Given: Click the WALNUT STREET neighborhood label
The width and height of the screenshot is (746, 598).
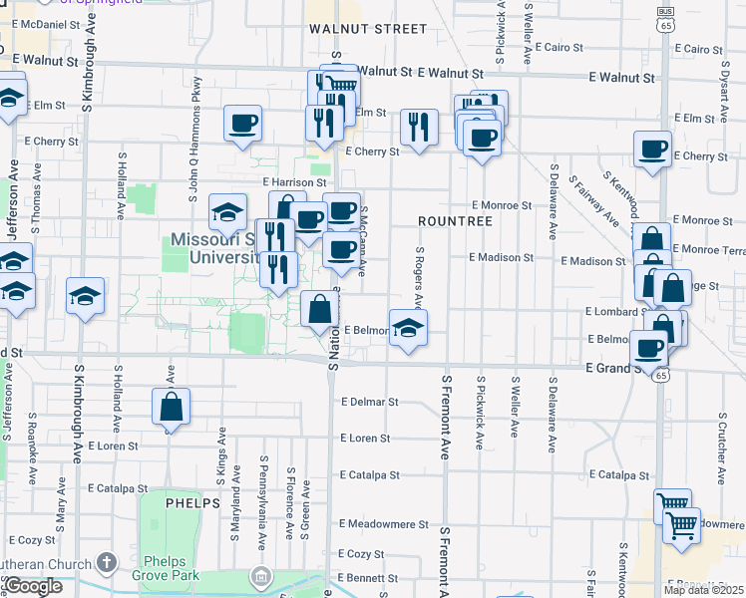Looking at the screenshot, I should point(368,29).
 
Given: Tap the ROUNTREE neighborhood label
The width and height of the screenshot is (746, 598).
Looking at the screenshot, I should point(456,220).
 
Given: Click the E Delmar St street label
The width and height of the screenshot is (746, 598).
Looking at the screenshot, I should point(369,403).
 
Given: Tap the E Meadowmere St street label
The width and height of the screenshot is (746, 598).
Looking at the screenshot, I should point(383,523).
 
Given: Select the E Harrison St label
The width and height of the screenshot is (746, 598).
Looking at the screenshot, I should point(294,183).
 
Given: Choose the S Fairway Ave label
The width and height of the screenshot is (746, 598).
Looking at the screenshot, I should point(593,199).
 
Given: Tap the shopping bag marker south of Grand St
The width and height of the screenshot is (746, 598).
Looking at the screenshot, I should point(171,407).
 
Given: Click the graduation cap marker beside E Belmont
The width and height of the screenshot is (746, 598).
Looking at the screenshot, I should point(408,328).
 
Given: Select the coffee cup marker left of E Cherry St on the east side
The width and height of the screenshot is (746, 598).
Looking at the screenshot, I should point(653,149).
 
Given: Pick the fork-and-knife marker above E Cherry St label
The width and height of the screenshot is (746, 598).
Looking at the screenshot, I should point(419,127).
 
